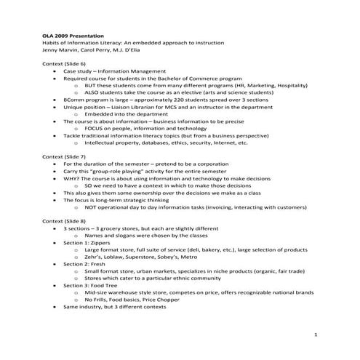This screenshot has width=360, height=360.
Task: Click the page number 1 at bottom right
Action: pos(316,334)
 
